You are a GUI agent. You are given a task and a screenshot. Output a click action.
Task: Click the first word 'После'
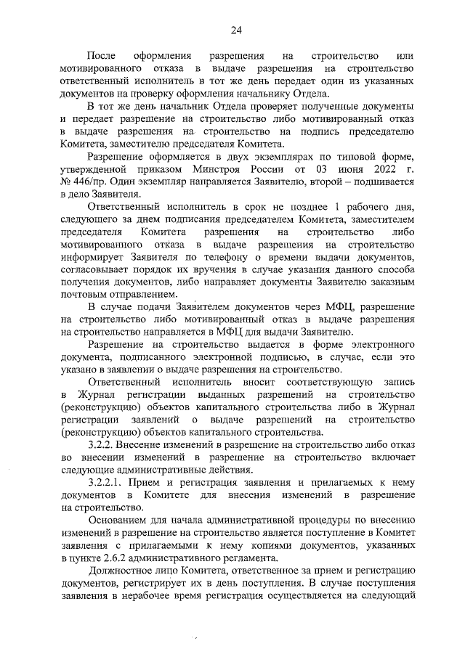101,56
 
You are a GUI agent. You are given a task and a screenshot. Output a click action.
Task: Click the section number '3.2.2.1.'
108,482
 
